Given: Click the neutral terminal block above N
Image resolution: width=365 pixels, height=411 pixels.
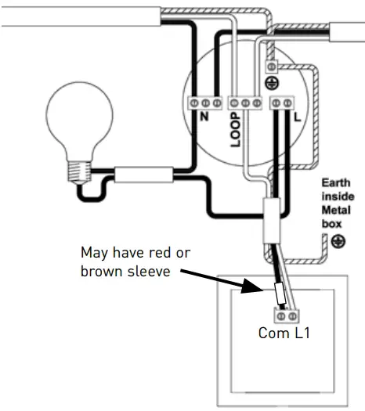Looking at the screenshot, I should coord(205,103).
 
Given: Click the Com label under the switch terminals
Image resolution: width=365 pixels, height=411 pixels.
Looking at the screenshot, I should coord(269,333).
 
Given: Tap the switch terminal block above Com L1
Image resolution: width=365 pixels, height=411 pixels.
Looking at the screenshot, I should coord(289,315).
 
